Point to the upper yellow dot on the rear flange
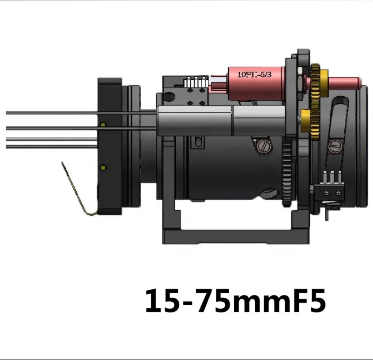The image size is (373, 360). pos(103,125)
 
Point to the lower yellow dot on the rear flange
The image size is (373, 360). pos(103,167)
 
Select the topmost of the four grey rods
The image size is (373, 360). pos(79,113)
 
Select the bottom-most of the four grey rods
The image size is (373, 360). pos(51,146)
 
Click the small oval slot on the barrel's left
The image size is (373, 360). pos(198,141)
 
